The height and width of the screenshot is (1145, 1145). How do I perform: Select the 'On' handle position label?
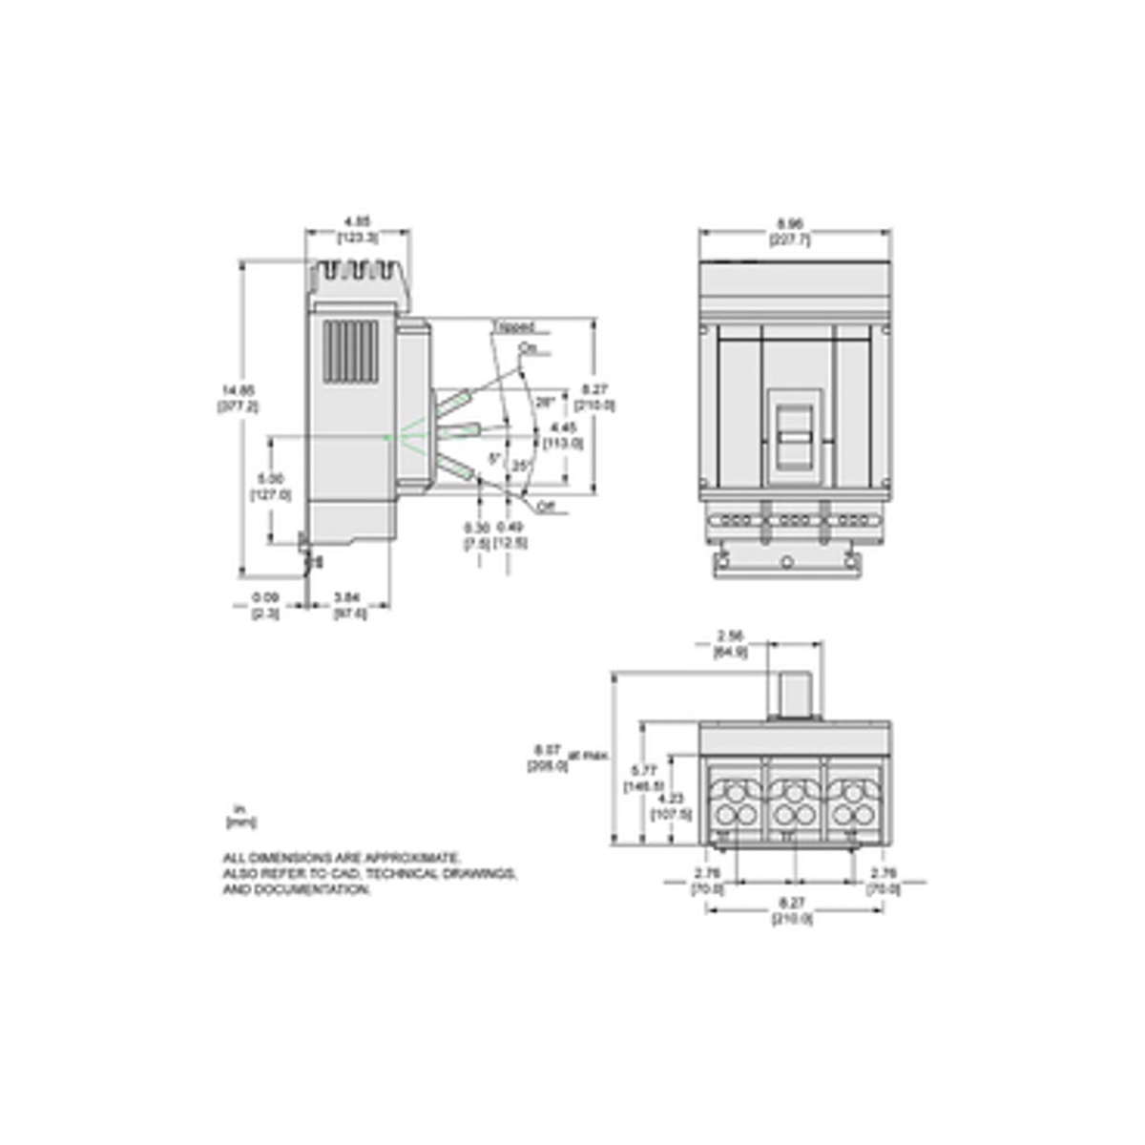(x=528, y=349)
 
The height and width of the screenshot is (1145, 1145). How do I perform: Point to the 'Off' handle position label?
(x=546, y=508)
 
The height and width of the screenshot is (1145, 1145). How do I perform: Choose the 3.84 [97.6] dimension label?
(x=349, y=607)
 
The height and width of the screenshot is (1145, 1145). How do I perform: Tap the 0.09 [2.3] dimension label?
(x=265, y=607)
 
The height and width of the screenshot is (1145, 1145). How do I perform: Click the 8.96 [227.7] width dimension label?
(x=796, y=235)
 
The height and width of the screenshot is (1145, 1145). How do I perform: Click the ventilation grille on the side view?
(x=350, y=353)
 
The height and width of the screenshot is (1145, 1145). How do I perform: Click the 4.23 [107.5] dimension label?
(x=669, y=807)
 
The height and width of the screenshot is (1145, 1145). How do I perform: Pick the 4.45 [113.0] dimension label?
(x=563, y=435)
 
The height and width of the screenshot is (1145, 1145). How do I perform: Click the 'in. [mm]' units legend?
(x=240, y=815)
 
